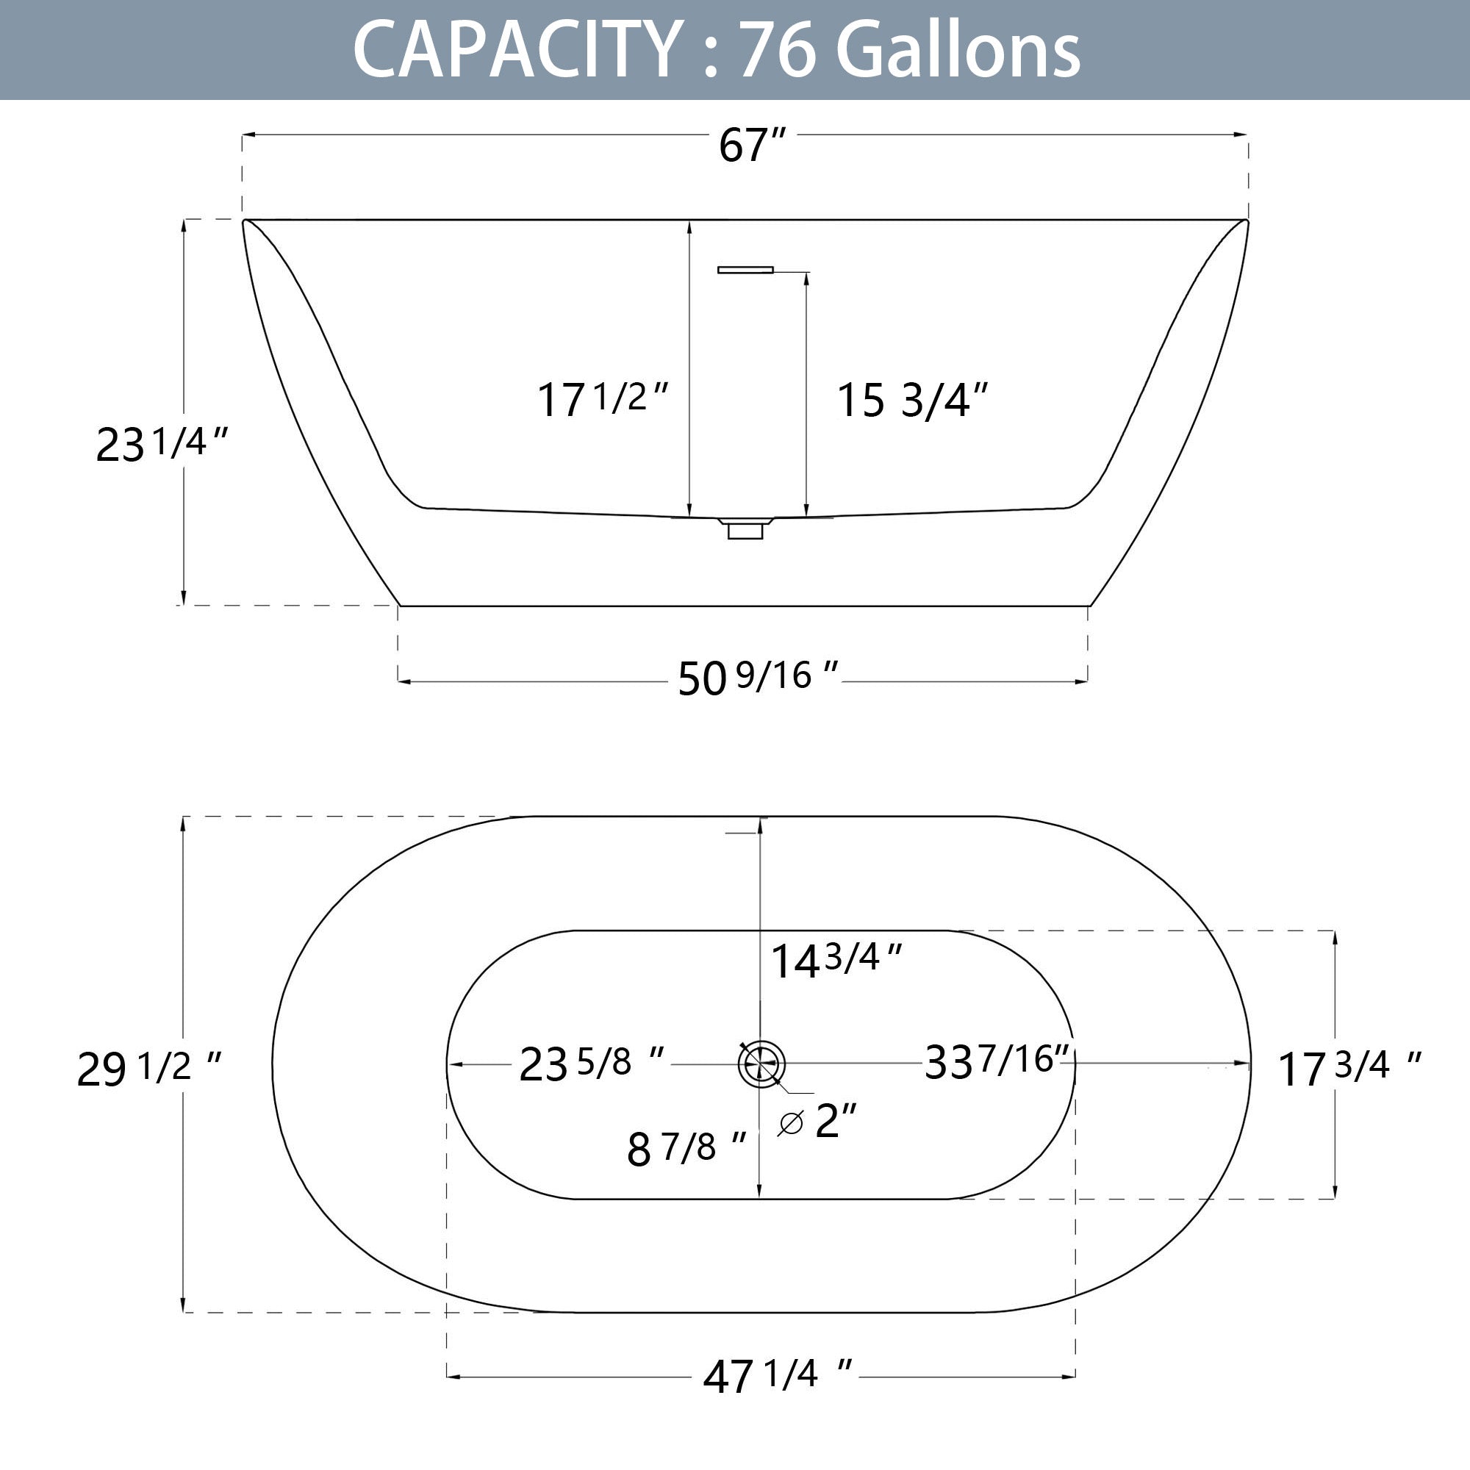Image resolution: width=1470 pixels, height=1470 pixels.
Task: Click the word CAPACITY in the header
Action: [x=517, y=50]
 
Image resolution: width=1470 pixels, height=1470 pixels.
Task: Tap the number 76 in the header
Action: [x=778, y=50]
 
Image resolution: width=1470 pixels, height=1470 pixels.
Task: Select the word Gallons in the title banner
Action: [x=958, y=50]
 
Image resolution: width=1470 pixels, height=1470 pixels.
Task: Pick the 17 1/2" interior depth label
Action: [x=603, y=398]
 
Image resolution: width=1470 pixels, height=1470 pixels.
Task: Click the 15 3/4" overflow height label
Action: [x=912, y=399]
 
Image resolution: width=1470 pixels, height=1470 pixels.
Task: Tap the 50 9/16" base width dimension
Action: [x=758, y=677]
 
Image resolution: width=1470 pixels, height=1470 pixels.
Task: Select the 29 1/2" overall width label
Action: [x=149, y=1068]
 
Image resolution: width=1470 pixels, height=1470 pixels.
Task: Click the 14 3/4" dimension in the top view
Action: [x=836, y=959]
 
